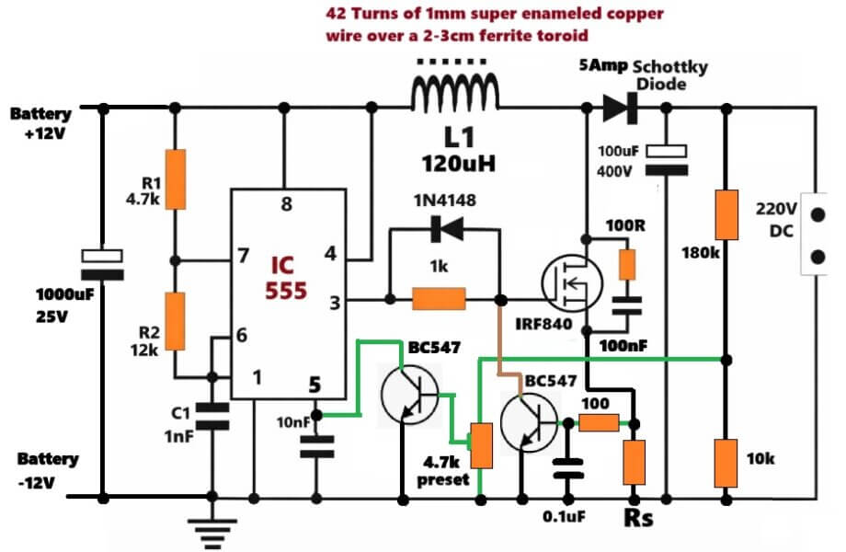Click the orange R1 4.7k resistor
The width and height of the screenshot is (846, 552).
point(174,180)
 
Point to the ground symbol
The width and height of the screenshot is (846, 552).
point(214,528)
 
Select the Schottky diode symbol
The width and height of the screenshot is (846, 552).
point(619,109)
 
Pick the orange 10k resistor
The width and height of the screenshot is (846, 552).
point(726,463)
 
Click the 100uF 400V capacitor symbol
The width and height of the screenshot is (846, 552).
point(667,158)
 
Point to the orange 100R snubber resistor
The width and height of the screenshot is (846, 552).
point(626,263)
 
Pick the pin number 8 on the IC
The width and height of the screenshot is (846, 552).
point(287,205)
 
